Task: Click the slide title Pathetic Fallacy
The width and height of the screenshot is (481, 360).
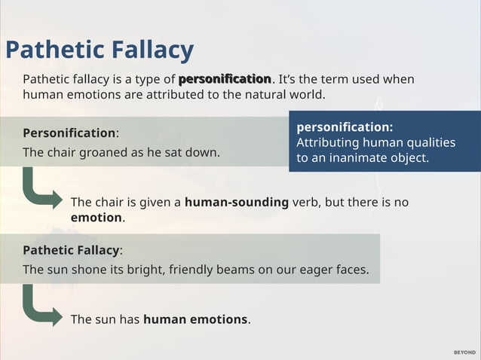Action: (100, 50)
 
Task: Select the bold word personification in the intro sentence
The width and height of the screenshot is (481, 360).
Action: (225, 79)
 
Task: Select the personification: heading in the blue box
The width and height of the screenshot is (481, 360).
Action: (345, 127)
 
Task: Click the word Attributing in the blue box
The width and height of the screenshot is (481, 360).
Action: (327, 142)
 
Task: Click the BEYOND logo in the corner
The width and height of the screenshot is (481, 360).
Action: (464, 352)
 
